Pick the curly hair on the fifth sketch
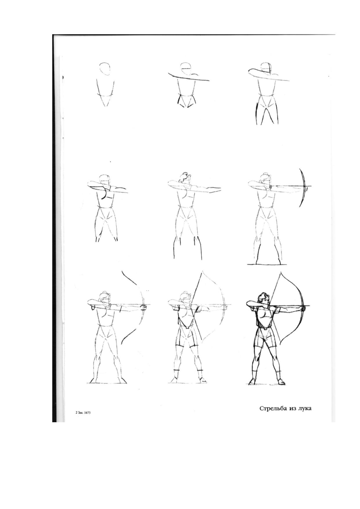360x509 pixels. [x=184, y=177]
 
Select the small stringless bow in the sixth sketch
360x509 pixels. [x=303, y=188]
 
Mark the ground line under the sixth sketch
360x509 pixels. [x=265, y=264]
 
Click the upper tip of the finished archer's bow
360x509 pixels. [x=281, y=272]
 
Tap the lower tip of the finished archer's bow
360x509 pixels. [x=279, y=344]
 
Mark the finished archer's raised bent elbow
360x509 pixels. [x=248, y=304]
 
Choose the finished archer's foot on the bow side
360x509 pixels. [x=280, y=381]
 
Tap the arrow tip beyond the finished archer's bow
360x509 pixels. [x=309, y=306]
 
